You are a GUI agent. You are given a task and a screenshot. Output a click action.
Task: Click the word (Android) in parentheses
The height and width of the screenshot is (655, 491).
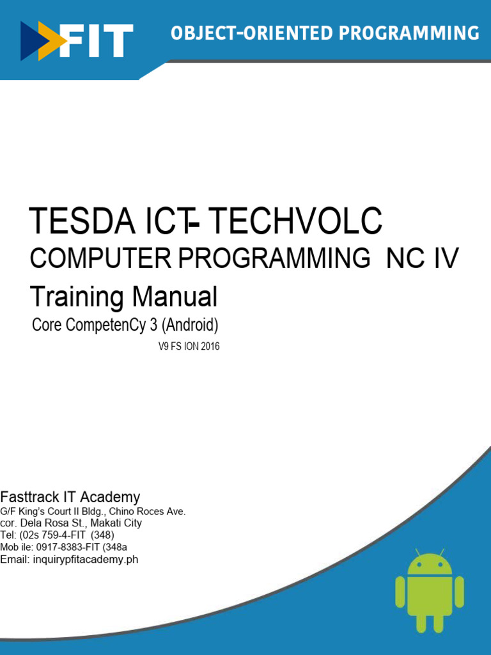click(191, 326)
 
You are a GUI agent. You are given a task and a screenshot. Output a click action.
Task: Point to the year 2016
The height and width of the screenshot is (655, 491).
click(208, 347)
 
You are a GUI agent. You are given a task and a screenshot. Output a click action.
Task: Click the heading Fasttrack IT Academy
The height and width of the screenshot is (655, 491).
click(70, 497)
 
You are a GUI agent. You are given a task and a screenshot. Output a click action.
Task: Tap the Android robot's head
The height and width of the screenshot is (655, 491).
click(430, 564)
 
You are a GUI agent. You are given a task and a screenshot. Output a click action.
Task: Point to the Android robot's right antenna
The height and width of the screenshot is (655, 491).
click(442, 551)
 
